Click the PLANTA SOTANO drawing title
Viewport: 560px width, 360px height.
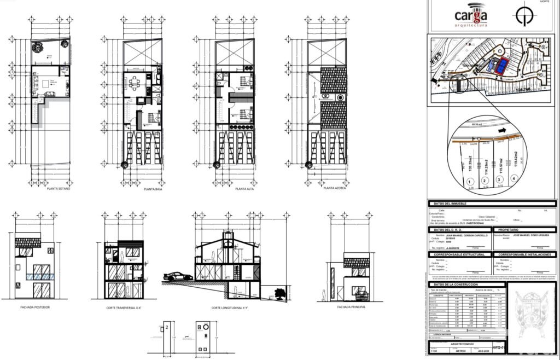coord(59,189)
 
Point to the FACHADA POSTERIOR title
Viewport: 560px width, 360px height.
coord(35,307)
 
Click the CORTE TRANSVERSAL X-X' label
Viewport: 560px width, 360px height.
coord(124,309)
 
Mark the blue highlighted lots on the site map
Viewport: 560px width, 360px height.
coord(499,66)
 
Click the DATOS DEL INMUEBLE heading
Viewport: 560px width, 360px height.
coord(451,204)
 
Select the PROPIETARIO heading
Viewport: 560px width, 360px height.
coord(509,230)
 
